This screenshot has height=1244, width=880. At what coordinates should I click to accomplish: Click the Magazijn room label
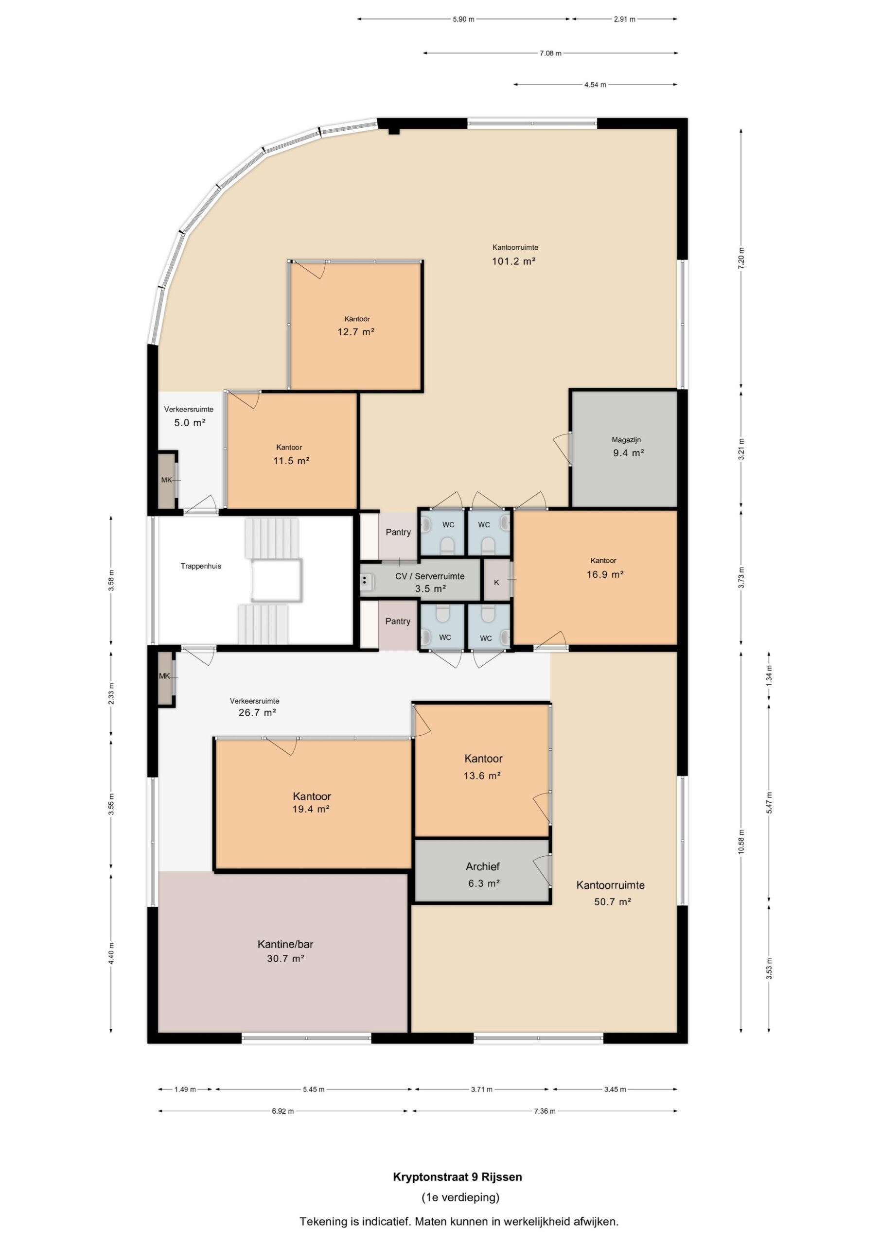(626, 440)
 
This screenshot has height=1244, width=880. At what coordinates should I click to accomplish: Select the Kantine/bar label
(285, 944)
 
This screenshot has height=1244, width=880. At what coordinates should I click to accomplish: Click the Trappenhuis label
(201, 566)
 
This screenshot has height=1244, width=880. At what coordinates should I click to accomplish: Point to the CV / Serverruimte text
(430, 576)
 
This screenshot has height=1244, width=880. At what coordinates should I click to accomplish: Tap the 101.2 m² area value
(513, 261)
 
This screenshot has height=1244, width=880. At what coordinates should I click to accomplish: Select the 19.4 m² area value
(311, 810)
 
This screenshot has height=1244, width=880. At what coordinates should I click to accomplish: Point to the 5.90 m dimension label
(464, 19)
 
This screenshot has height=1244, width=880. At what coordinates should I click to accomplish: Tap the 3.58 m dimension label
(111, 580)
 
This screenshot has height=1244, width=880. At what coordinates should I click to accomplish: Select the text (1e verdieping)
(460, 1197)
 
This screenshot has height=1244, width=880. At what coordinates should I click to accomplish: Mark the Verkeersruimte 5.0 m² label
(189, 416)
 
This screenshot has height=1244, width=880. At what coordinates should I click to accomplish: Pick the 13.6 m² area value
(481, 776)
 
